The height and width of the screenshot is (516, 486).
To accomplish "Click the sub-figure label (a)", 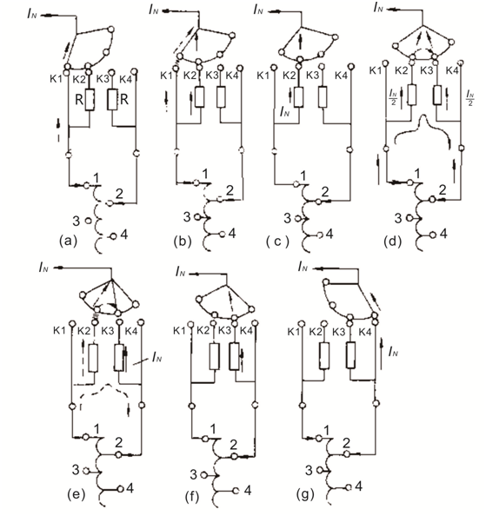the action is tap(68, 241).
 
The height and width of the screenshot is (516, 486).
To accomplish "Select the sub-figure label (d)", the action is tap(392, 241).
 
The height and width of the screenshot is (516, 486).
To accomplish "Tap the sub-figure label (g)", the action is tap(305, 494).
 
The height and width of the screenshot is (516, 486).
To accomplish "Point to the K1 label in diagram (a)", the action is tap(56, 79).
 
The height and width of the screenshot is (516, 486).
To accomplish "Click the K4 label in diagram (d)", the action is tap(452, 70).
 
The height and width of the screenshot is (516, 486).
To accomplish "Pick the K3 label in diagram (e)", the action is tap(107, 331).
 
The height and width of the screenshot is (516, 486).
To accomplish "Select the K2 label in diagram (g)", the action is tap(316, 332).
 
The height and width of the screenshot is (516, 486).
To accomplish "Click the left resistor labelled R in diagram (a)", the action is tap(90, 99).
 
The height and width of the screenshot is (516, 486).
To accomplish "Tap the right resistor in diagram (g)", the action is tap(351, 355).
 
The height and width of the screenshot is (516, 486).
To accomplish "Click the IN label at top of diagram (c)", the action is tap(258, 10).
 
